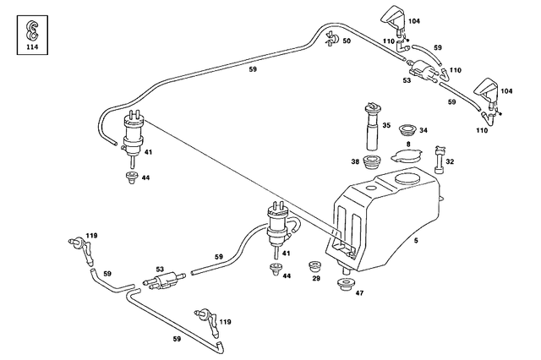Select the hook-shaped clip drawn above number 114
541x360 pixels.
click(x=32, y=30)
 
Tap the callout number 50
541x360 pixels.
click(x=346, y=41)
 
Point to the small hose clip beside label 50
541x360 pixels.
click(x=331, y=38)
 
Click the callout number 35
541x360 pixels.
click(x=385, y=125)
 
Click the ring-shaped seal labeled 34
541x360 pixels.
click(x=407, y=130)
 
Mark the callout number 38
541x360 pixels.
click(x=355, y=161)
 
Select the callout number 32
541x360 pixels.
click(x=450, y=161)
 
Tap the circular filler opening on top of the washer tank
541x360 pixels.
click(x=403, y=180)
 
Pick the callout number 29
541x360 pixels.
click(x=315, y=278)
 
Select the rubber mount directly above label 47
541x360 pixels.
click(x=345, y=283)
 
